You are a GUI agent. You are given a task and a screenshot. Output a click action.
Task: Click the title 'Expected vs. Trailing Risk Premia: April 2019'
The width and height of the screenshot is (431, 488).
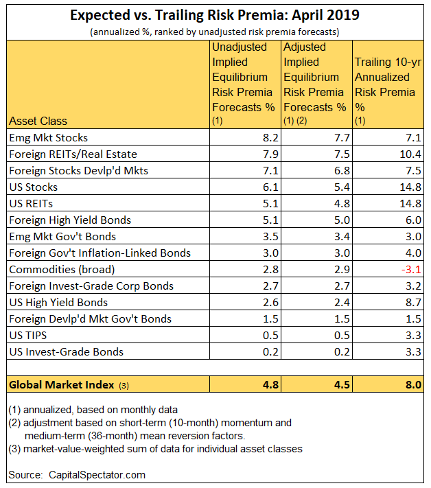(215, 15)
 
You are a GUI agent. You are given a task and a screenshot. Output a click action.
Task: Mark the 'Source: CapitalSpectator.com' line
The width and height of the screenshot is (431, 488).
(77, 474)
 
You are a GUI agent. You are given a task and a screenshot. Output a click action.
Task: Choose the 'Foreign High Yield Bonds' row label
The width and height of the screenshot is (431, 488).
(70, 220)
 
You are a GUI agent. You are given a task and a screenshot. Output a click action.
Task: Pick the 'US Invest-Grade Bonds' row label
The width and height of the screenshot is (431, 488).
(66, 351)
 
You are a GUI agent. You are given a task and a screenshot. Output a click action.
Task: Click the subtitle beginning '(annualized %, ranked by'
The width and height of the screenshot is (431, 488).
(215, 32)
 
